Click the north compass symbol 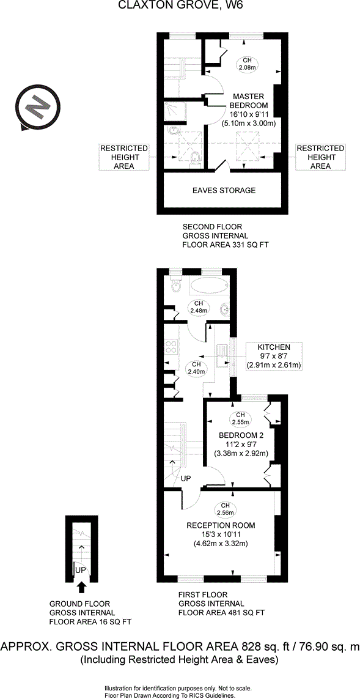[x=35, y=108]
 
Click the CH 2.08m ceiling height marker [x=247, y=63]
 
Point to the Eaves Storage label [x=224, y=190]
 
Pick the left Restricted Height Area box [x=124, y=157]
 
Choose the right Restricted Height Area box [x=320, y=157]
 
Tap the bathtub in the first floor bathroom [x=208, y=286]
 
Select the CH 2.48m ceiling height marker [x=199, y=307]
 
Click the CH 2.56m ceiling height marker [x=225, y=508]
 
